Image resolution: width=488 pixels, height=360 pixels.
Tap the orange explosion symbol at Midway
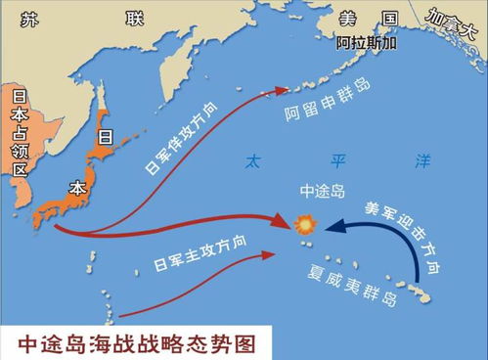coord(305,225)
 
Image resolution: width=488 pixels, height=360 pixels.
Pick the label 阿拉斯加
coord(367,43)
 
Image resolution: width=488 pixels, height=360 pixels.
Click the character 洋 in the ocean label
coord(421,158)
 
